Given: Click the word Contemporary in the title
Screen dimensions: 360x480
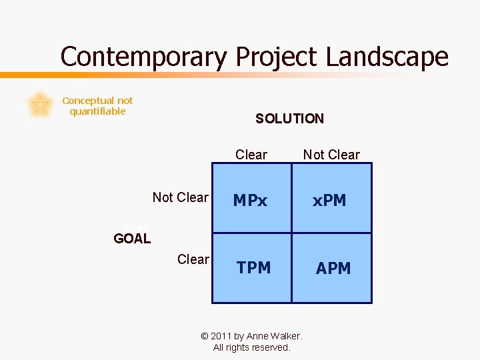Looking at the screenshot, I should (x=143, y=57).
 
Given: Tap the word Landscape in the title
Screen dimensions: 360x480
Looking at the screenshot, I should (x=387, y=57).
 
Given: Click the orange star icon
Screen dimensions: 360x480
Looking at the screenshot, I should (x=40, y=105).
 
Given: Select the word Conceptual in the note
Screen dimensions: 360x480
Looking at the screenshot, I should (x=88, y=101).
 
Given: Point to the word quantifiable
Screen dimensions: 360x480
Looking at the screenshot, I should (x=97, y=111).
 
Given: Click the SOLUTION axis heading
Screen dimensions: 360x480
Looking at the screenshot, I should (x=289, y=119).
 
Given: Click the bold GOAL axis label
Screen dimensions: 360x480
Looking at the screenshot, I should (x=132, y=239).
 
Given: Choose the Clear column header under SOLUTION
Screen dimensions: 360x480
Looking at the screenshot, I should (x=251, y=155).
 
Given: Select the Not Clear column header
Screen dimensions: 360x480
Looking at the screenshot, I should (x=331, y=155).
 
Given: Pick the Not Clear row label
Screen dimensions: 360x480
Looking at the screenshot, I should (x=180, y=197).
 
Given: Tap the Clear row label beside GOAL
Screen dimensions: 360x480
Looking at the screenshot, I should (x=193, y=259).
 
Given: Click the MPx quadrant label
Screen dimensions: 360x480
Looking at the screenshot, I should (x=249, y=201).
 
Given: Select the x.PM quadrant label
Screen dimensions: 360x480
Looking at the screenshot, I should (x=330, y=201).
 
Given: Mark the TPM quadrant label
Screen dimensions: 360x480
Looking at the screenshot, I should (x=253, y=268).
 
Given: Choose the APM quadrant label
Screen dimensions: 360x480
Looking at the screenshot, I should (x=333, y=269).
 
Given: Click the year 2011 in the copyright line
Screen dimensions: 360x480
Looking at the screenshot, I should (x=223, y=336).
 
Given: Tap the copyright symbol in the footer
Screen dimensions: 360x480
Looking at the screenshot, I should (x=205, y=336).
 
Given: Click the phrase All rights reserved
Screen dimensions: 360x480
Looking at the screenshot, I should (x=251, y=347).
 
